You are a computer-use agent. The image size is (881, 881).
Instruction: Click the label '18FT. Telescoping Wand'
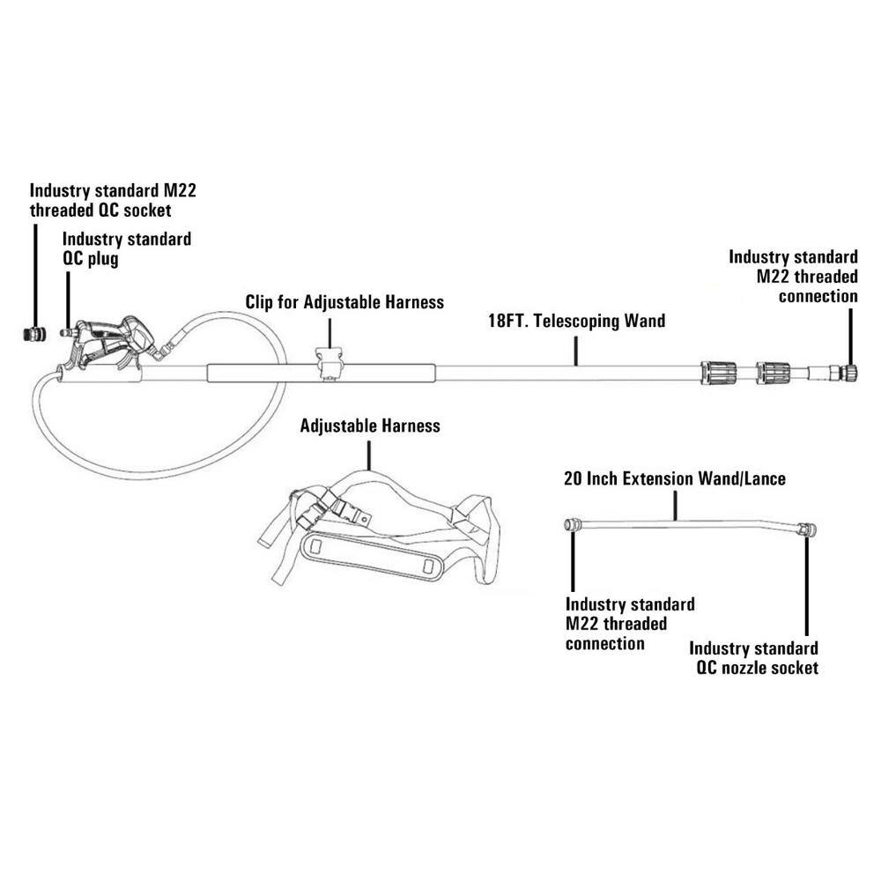(x=577, y=321)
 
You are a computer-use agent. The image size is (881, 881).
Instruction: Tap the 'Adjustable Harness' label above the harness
(x=370, y=426)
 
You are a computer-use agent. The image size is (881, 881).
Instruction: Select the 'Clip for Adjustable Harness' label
(x=344, y=302)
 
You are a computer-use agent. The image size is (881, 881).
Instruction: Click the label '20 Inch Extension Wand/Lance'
(x=674, y=479)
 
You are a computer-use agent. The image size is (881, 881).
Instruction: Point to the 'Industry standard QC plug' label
(x=127, y=248)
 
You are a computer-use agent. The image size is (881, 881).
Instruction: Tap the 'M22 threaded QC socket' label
(x=113, y=200)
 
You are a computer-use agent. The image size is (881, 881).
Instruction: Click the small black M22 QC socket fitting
(x=36, y=334)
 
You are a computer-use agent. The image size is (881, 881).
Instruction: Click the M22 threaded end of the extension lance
(x=572, y=524)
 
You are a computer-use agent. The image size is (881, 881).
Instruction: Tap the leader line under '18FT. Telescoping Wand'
(x=577, y=349)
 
